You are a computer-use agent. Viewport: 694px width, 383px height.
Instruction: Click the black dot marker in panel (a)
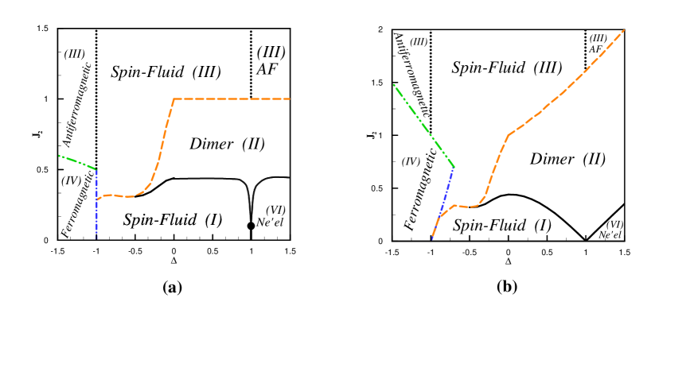tap(251, 226)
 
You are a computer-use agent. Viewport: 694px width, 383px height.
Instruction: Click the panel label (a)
tap(172, 288)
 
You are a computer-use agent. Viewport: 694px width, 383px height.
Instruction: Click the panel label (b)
tap(506, 288)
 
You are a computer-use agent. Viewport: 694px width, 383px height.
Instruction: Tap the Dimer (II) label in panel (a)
tap(227, 144)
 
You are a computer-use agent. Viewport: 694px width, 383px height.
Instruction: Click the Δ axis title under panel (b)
tap(508, 261)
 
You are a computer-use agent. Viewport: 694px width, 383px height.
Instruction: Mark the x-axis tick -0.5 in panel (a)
tap(135, 250)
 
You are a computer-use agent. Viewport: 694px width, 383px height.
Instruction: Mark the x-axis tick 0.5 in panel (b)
tap(547, 251)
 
